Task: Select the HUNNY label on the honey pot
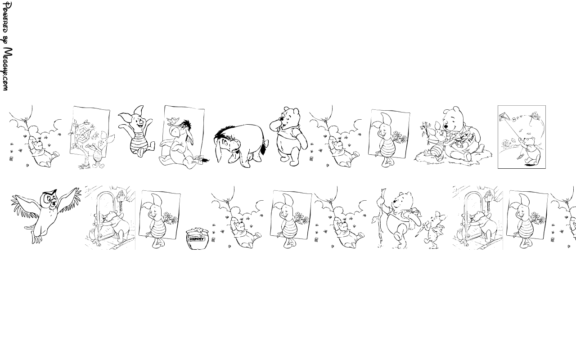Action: [197, 239]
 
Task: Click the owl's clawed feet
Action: [36, 238]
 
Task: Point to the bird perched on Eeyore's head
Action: [172, 120]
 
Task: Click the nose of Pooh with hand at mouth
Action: [282, 119]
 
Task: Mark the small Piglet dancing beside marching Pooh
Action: [434, 229]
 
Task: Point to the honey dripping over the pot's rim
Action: [197, 229]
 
